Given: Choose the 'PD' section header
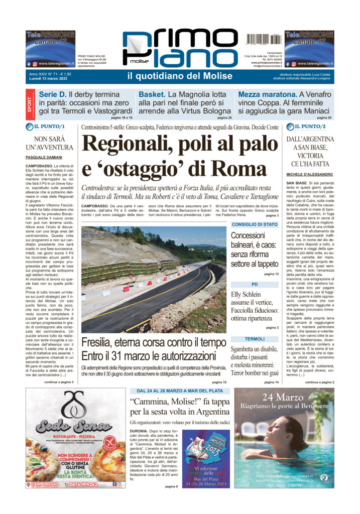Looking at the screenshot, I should click(x=255, y=284).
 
